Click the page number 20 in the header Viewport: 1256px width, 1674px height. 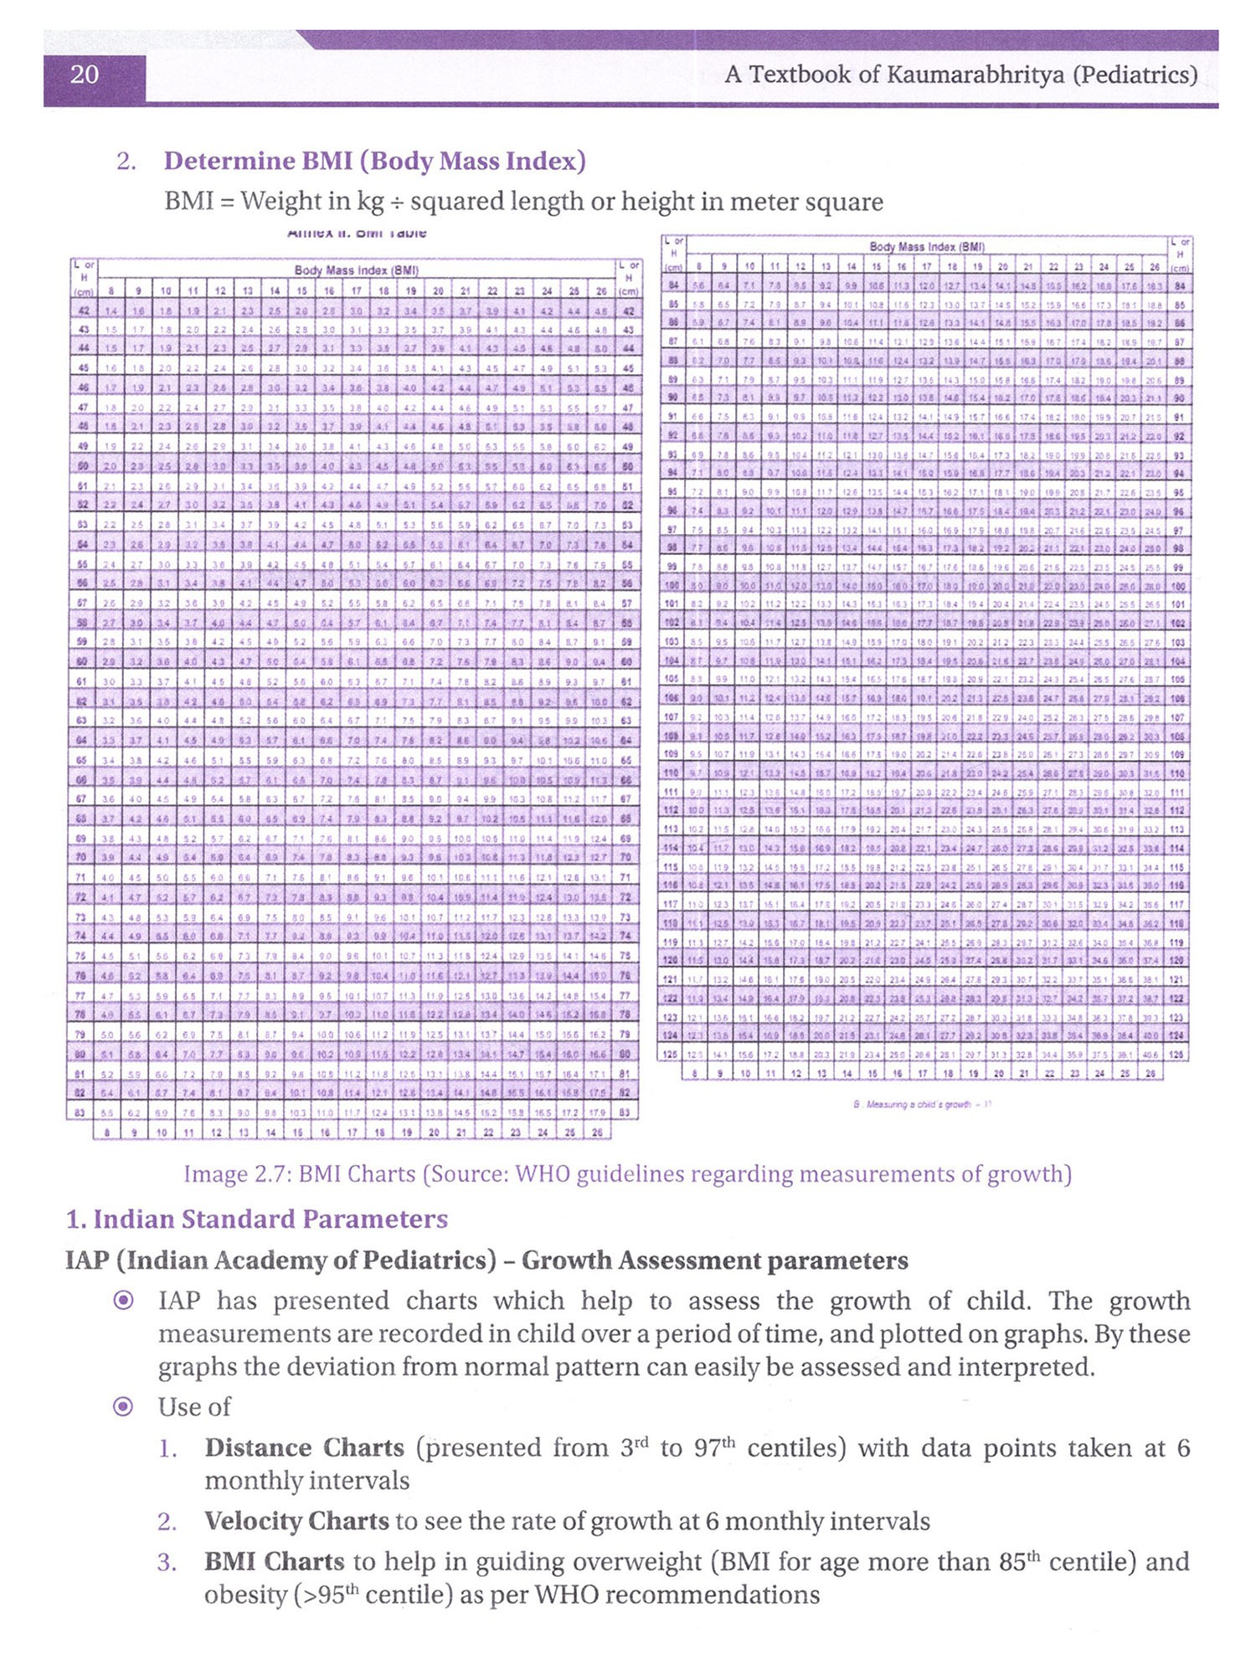pos(85,75)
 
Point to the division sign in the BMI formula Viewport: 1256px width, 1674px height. pos(394,203)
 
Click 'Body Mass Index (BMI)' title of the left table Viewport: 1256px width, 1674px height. pos(356,270)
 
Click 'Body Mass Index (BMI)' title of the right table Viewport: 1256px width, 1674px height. pos(927,247)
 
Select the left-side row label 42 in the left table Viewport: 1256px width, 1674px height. pos(84,311)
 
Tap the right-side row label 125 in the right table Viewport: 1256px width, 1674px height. pos(1179,1055)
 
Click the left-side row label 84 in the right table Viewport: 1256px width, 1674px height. pos(673,286)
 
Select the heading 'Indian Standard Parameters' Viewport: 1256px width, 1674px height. pos(270,1220)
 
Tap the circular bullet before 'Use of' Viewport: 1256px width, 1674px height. pos(123,1407)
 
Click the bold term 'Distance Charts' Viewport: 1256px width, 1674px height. pos(304,1449)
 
